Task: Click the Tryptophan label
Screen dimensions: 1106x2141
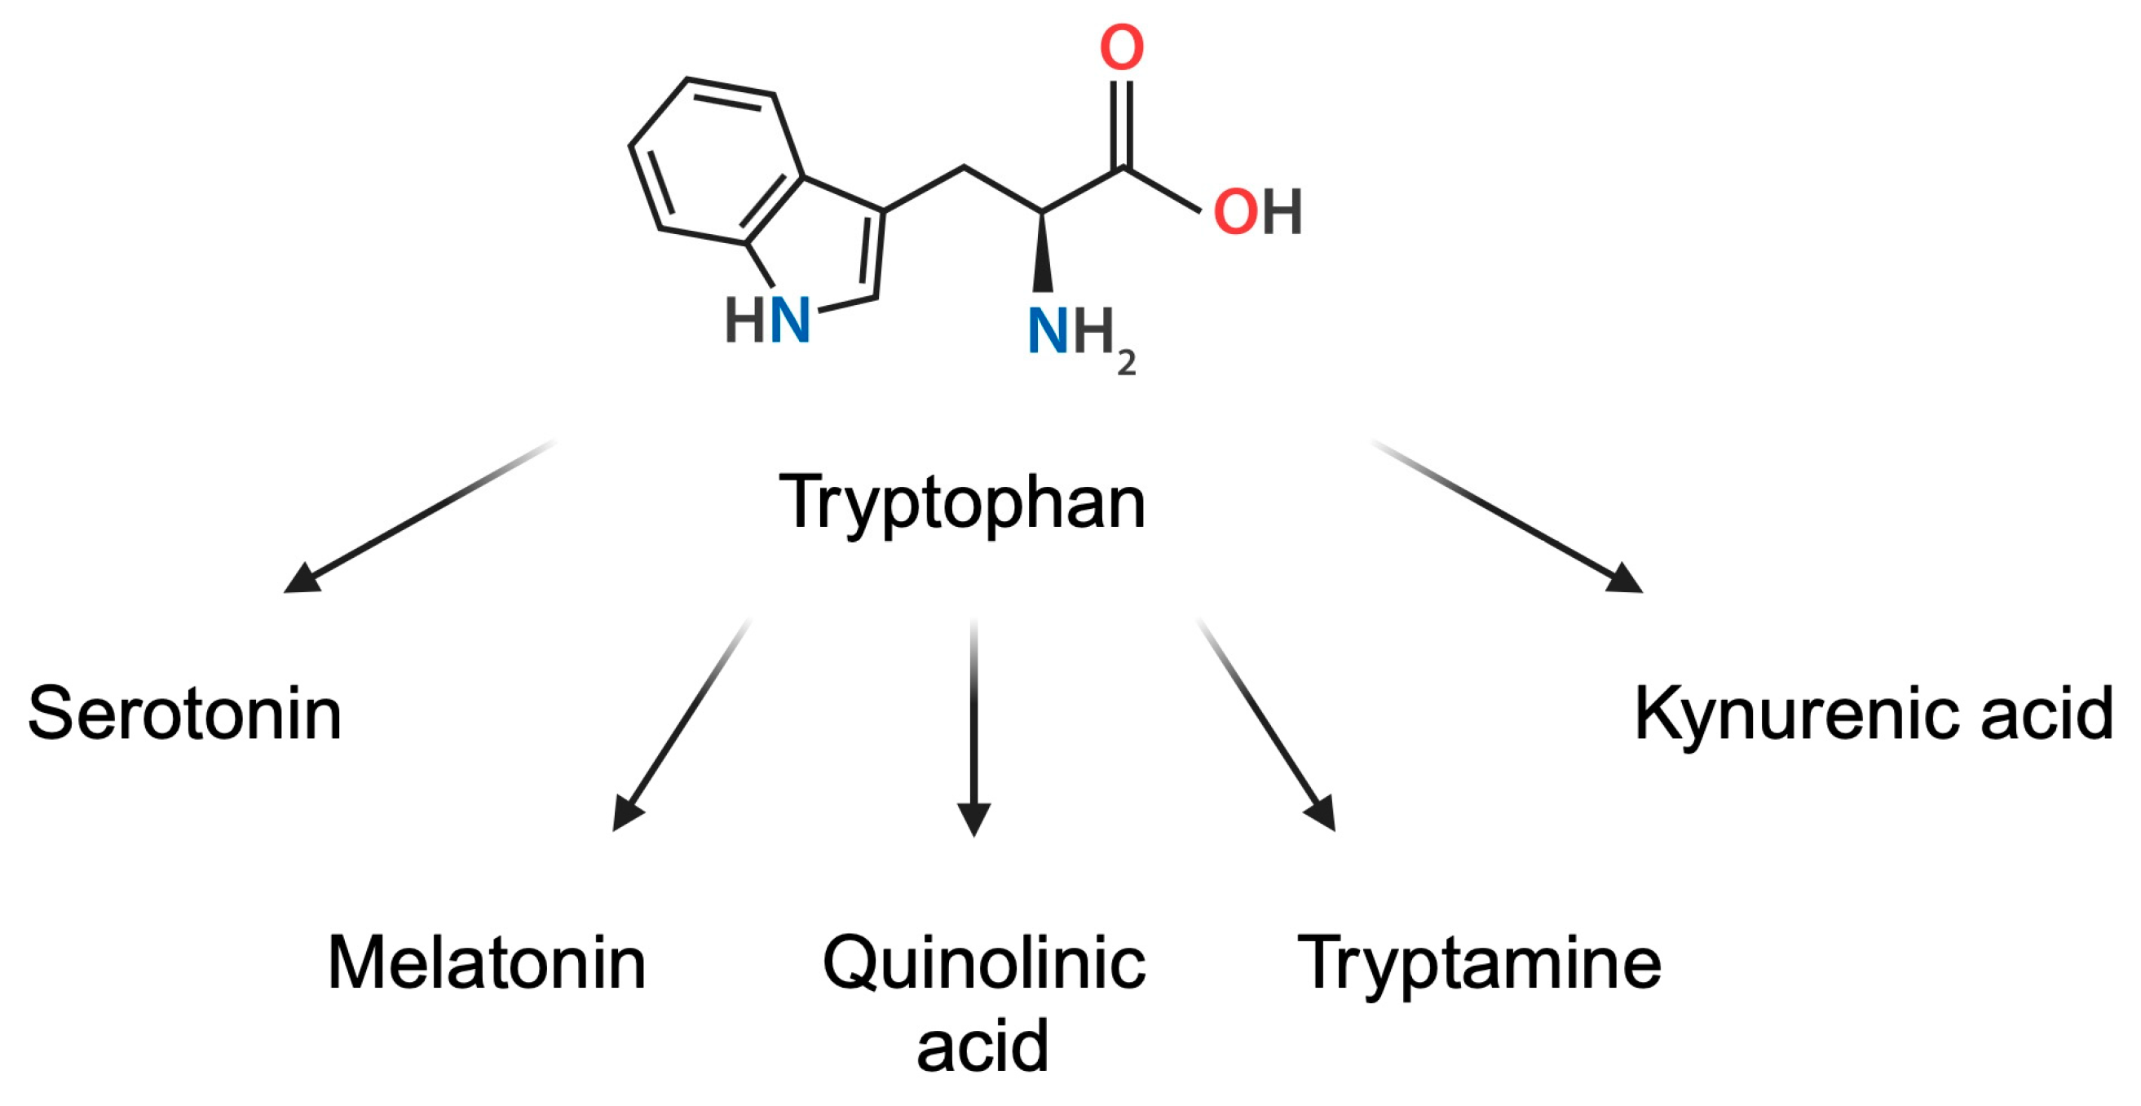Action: [961, 502]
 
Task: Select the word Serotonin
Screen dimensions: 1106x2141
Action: [184, 714]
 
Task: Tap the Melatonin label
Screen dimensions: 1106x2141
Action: [487, 963]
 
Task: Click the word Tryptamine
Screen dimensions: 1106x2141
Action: [1479, 963]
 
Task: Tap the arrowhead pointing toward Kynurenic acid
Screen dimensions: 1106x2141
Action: [1624, 579]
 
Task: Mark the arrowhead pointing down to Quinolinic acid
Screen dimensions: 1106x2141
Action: [973, 818]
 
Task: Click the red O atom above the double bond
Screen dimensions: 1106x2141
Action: [1122, 47]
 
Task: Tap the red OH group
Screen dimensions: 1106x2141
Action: [1256, 212]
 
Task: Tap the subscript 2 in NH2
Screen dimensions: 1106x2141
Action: [1126, 364]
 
